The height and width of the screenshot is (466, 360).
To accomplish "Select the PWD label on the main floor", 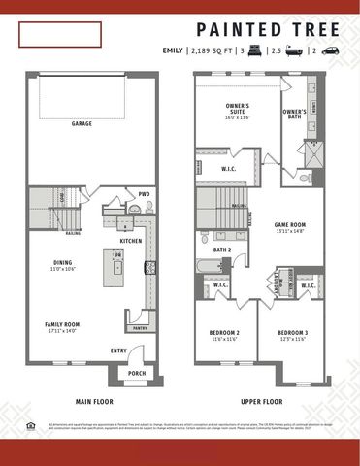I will pyautogui.click(x=144, y=194).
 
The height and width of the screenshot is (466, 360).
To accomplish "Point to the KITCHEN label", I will pyautogui.click(x=131, y=240).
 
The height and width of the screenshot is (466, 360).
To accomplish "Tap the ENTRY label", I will pyautogui.click(x=118, y=350).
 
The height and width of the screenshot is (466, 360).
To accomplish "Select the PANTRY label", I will pyautogui.click(x=139, y=329).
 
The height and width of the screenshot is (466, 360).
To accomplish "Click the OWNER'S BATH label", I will pyautogui.click(x=295, y=112).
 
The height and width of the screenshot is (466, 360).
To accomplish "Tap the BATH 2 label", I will pyautogui.click(x=222, y=250).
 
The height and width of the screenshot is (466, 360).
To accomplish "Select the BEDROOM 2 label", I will pyautogui.click(x=224, y=333).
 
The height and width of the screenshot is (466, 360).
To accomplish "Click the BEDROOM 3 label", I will pyautogui.click(x=291, y=333).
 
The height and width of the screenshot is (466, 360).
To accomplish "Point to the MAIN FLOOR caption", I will pyautogui.click(x=96, y=400).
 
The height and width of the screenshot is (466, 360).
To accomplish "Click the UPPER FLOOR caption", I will pyautogui.click(x=261, y=400).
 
